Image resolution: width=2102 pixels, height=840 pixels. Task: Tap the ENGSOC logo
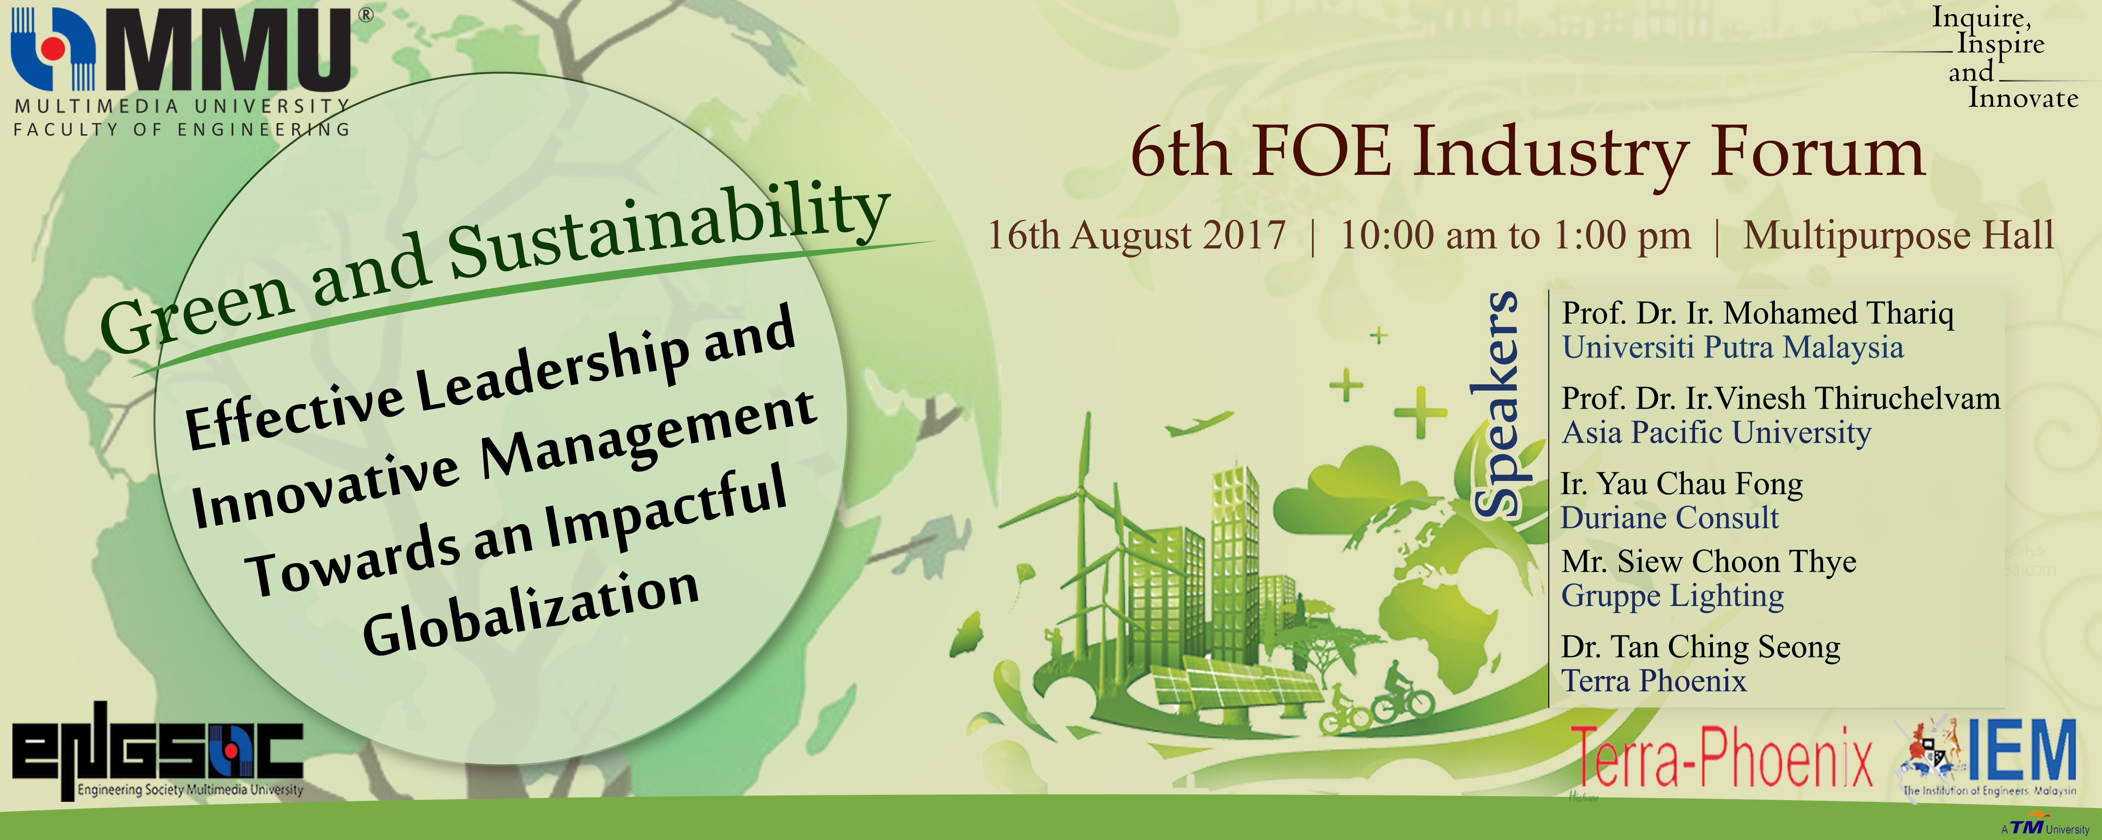tap(157, 750)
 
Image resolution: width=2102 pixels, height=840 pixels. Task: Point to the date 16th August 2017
tap(1137, 236)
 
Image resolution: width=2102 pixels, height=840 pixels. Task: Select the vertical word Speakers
tap(1496, 404)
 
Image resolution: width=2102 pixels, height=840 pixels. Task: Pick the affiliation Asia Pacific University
tap(1716, 432)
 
